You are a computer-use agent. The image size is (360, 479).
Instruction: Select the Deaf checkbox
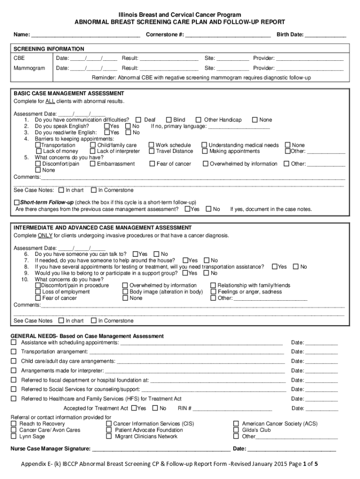click(x=138, y=120)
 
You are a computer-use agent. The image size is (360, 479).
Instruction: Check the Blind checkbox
click(x=169, y=120)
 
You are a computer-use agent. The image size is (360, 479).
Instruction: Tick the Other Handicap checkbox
click(x=199, y=120)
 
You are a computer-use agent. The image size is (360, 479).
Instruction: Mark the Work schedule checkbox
click(x=151, y=145)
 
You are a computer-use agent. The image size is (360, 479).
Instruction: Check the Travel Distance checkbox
click(x=151, y=152)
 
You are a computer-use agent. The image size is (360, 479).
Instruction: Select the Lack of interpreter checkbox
click(x=93, y=152)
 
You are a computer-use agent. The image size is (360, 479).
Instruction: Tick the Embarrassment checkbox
click(x=93, y=164)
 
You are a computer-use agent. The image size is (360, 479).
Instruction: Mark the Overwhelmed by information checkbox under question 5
click(x=205, y=164)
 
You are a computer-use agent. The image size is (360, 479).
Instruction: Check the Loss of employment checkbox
click(x=38, y=292)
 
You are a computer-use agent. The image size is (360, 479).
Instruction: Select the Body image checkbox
click(x=125, y=292)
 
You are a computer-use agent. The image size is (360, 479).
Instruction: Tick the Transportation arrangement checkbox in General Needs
click(x=14, y=352)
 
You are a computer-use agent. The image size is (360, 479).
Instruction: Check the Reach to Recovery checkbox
click(x=14, y=424)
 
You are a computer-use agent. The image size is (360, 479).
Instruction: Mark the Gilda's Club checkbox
click(x=236, y=430)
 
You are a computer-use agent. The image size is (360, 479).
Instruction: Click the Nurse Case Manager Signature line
click(x=161, y=449)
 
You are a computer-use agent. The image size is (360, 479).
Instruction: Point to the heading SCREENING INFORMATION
click(x=49, y=49)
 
